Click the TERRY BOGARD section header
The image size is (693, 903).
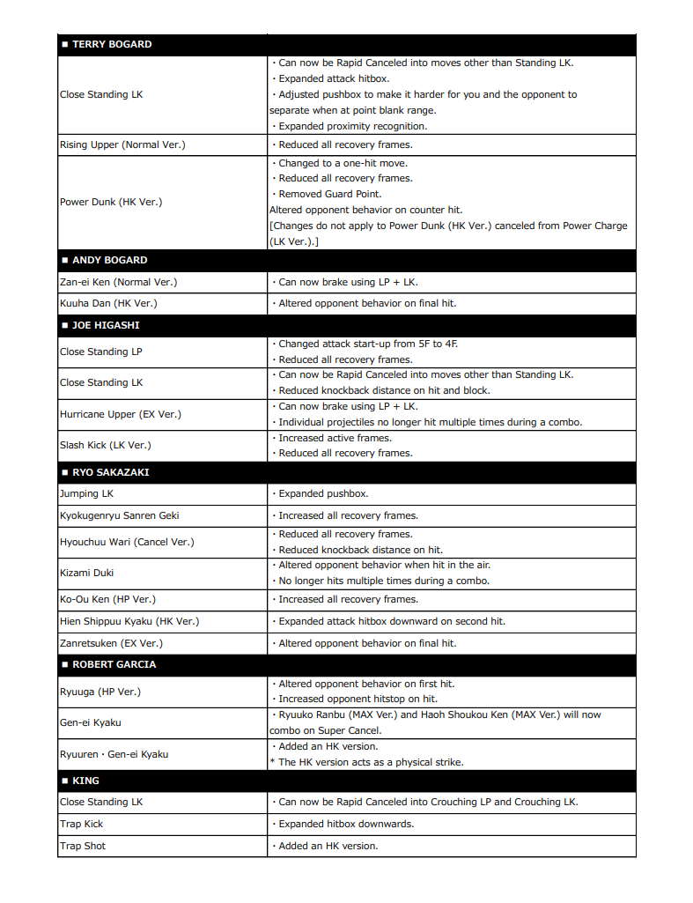[x=111, y=44]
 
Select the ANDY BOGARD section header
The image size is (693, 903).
[x=109, y=260]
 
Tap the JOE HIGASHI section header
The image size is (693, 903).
[x=106, y=325]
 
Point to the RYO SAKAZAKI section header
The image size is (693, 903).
[x=110, y=472]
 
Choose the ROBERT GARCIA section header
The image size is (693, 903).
[x=114, y=664]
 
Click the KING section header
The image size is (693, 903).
[x=85, y=781]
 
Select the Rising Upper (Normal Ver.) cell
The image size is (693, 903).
[x=122, y=144]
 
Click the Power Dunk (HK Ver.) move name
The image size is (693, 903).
[x=111, y=202]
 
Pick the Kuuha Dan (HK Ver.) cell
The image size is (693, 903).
[x=109, y=303]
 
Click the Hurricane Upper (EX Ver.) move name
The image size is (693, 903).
[x=121, y=414]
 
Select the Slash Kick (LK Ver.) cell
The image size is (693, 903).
[x=106, y=445]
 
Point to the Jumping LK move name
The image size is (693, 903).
[x=86, y=493]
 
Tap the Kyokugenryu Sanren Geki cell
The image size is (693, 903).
[x=120, y=515]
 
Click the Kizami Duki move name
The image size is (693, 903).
[x=86, y=573]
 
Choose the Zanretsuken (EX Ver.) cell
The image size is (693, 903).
[x=111, y=643]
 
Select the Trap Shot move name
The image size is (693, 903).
[x=83, y=846]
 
